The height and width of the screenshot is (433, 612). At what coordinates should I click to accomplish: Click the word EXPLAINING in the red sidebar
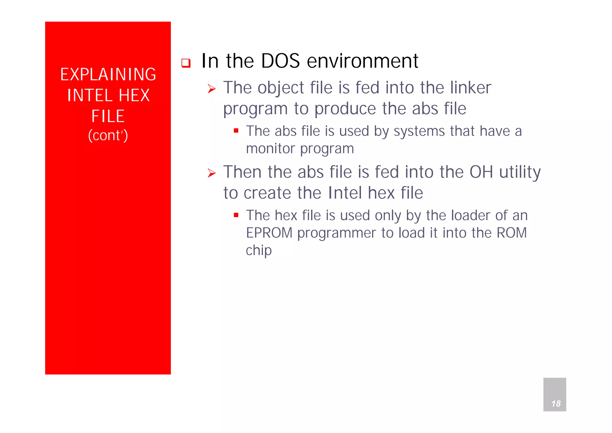(x=108, y=74)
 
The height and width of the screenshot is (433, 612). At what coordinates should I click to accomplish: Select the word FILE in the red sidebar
(x=108, y=116)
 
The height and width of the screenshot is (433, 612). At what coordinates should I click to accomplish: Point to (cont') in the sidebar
(x=108, y=135)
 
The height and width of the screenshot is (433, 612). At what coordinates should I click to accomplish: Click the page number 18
(x=556, y=404)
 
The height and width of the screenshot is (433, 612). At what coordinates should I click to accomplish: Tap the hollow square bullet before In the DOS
(x=186, y=63)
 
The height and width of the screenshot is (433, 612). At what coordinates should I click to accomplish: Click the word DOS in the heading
(x=280, y=61)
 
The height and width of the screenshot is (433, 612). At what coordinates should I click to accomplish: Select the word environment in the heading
(x=362, y=61)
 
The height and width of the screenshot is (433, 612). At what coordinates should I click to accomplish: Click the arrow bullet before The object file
(x=212, y=89)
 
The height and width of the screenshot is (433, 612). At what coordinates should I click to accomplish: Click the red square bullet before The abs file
(x=236, y=131)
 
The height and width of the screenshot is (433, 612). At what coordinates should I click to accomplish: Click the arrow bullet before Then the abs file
(x=212, y=173)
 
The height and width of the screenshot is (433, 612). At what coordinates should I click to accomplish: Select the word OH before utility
(x=481, y=172)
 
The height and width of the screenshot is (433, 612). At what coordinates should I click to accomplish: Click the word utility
(x=520, y=173)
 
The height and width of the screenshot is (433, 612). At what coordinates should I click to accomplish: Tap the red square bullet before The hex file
(x=236, y=215)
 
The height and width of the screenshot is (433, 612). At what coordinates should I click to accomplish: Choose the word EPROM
(x=269, y=233)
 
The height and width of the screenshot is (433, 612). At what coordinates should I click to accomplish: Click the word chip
(x=258, y=251)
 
